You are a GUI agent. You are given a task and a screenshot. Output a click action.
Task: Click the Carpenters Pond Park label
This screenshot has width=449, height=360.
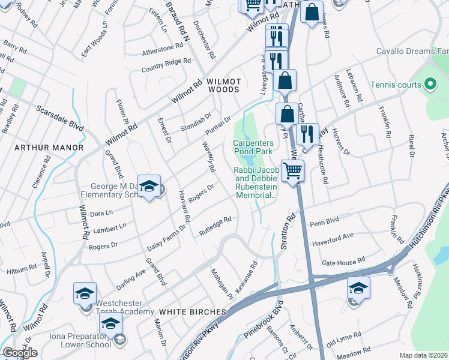(253, 148)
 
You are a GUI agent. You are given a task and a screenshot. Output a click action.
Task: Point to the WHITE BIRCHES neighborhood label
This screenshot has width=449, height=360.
(192, 312)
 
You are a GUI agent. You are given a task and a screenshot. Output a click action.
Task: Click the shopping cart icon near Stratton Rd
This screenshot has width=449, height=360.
(293, 171)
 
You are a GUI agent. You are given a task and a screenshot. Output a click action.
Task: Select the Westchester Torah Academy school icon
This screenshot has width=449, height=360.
(85, 293)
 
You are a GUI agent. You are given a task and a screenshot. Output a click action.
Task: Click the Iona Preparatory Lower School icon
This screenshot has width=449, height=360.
(110, 325)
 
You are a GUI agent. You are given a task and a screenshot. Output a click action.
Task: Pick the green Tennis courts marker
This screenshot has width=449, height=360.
(430, 85)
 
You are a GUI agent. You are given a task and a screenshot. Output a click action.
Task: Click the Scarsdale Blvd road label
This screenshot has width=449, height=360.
(59, 119)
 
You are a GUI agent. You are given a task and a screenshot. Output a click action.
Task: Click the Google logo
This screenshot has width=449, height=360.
(20, 353)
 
